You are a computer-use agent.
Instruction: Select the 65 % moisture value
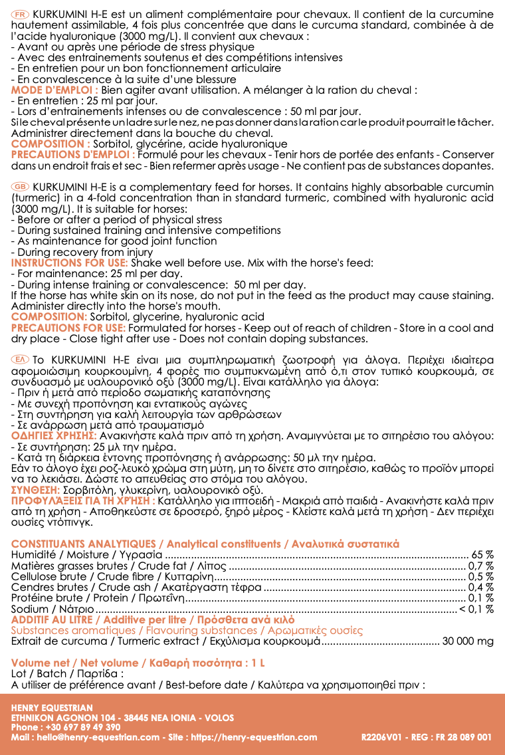pyautogui.click(x=482, y=555)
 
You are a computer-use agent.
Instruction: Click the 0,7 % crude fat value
pyautogui.click(x=480, y=566)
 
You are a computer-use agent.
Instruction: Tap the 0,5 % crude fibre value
pyautogui.click(x=480, y=576)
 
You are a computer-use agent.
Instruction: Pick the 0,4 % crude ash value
pyautogui.click(x=480, y=587)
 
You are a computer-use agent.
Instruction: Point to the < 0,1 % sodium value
pyautogui.click(x=476, y=608)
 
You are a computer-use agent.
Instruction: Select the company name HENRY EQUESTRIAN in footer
pyautogui.click(x=52, y=708)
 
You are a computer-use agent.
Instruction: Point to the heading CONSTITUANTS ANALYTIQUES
pyautogui.click(x=83, y=544)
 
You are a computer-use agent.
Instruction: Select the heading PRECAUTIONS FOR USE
pyautogui.click(x=68, y=328)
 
